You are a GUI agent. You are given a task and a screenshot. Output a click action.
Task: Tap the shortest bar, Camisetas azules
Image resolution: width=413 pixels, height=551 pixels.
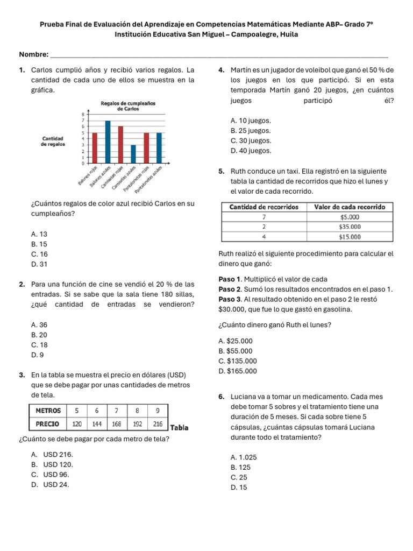(133, 154)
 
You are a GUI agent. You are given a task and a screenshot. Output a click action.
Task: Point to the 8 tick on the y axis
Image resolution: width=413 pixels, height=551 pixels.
(82, 114)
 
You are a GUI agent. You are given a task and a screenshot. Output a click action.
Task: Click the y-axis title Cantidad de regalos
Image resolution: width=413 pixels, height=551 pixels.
(53, 141)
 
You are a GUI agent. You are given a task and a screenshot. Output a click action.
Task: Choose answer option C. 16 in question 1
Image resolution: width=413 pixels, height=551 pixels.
(40, 254)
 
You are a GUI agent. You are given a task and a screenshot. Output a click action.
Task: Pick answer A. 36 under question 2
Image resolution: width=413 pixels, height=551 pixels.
(40, 325)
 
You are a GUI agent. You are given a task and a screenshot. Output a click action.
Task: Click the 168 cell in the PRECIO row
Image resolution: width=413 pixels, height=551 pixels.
(117, 424)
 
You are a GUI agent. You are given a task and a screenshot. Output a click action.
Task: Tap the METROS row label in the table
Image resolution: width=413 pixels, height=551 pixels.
(47, 411)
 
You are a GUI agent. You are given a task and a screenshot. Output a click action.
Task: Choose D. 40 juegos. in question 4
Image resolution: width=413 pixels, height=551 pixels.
(251, 151)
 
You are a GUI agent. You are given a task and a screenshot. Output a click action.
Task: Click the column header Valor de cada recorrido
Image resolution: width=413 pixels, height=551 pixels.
(349, 207)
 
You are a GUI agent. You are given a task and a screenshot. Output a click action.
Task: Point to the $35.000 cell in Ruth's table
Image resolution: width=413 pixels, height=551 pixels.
(349, 227)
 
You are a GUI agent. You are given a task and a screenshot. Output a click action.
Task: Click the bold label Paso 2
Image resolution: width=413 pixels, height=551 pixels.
(230, 289)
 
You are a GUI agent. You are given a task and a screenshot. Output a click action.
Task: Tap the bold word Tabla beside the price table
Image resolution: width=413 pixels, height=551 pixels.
(179, 428)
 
